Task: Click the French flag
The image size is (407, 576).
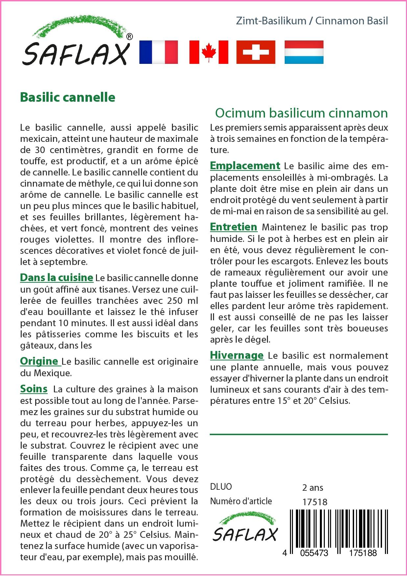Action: click(158, 52)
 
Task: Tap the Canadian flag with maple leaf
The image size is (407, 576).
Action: click(208, 52)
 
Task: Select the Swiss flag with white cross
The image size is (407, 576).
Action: click(256, 52)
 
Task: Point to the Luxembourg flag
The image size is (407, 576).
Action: click(304, 52)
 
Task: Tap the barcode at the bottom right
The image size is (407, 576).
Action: click(339, 528)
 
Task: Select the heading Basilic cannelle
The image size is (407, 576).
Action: click(68, 97)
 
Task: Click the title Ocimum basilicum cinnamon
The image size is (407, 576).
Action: click(301, 113)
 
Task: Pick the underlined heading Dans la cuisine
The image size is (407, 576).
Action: click(57, 277)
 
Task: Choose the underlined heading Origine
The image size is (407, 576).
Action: click(40, 361)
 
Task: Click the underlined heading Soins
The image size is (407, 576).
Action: click(34, 389)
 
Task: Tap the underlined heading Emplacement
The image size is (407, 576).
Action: click(245, 166)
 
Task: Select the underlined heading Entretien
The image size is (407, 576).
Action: click(233, 227)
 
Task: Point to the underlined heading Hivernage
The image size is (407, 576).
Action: click(237, 355)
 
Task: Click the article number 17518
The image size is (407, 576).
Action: click(315, 502)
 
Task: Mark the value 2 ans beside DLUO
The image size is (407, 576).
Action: click(312, 487)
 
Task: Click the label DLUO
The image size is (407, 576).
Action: click(221, 487)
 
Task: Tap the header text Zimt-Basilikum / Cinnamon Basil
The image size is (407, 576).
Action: click(312, 21)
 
